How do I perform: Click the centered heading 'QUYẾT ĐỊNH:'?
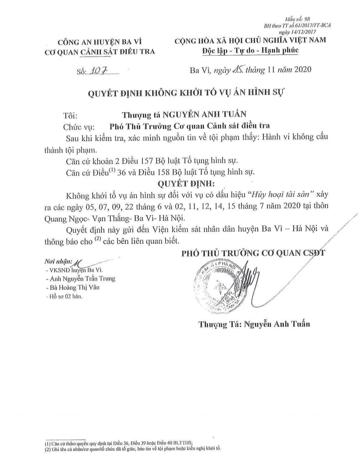[x=186, y=183]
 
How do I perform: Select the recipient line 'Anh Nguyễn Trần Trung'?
[x=80, y=279]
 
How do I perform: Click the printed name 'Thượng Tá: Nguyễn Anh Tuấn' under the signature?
[x=254, y=324]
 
